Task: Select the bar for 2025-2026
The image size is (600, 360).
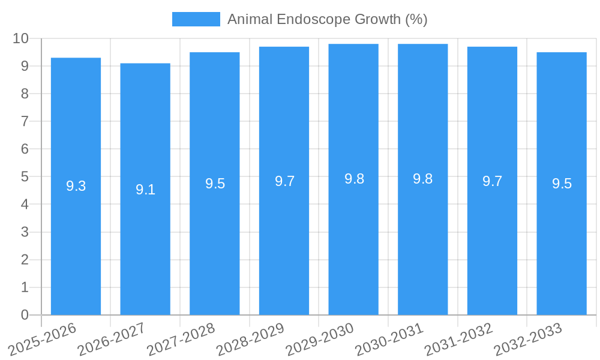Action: [x=76, y=240]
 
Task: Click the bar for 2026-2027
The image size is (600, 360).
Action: [x=145, y=240]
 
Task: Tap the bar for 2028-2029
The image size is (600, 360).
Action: [x=284, y=240]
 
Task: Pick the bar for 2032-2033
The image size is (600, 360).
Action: [x=562, y=240]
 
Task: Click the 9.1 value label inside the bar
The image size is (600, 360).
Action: [x=145, y=190]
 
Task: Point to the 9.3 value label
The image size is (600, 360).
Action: [x=76, y=186]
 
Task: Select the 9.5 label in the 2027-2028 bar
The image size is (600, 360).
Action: [x=215, y=184]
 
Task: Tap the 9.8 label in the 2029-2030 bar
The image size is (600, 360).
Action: [x=354, y=179]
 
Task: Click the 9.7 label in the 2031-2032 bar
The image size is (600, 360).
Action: [x=492, y=181]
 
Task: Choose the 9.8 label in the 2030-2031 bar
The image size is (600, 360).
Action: [x=422, y=179]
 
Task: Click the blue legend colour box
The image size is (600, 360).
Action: [x=196, y=19]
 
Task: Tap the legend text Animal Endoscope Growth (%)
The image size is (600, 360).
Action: [x=327, y=19]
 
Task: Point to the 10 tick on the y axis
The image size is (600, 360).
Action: [x=20, y=38]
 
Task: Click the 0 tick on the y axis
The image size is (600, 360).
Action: [x=25, y=315]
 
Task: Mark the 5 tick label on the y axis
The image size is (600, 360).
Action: [x=25, y=176]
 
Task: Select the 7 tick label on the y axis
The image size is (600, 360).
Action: [x=25, y=121]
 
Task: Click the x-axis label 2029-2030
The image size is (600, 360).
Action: [x=320, y=340]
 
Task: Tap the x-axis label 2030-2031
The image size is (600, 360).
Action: [x=389, y=340]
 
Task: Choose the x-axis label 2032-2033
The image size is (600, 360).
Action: [x=528, y=340]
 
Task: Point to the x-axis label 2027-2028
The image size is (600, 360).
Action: [x=181, y=340]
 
